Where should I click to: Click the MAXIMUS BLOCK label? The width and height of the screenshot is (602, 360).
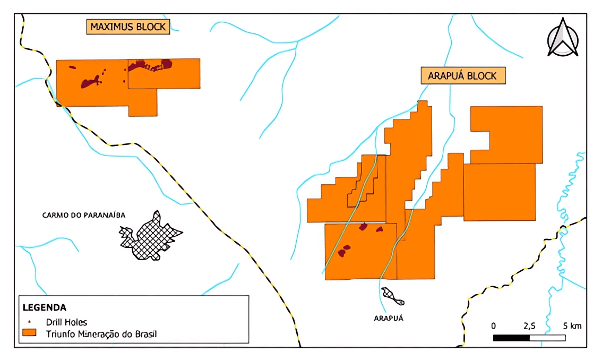[x=128, y=27]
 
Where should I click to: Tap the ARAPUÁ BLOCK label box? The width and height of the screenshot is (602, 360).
[x=463, y=76]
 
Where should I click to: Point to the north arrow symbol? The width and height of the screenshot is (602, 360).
[x=563, y=37]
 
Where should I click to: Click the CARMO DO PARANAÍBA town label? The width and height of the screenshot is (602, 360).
[x=84, y=215]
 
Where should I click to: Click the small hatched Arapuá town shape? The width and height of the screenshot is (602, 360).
[x=393, y=296]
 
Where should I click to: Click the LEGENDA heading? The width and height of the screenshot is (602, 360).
[x=45, y=307]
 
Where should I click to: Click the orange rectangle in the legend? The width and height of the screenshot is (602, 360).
[x=29, y=333]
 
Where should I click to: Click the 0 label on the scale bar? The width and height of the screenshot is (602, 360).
[x=494, y=325]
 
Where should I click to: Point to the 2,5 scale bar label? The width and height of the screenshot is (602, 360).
[x=529, y=325]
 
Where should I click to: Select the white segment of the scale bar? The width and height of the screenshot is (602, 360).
[x=547, y=337]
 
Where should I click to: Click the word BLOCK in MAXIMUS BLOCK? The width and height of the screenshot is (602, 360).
[x=149, y=27]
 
